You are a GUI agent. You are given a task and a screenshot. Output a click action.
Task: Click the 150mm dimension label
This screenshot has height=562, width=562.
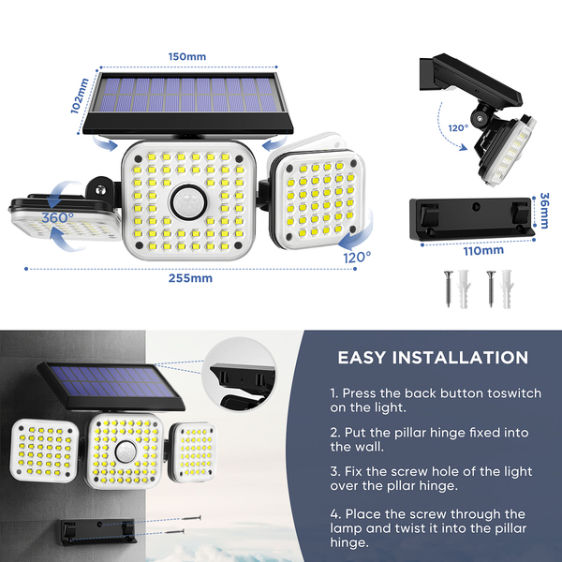click(x=187, y=56)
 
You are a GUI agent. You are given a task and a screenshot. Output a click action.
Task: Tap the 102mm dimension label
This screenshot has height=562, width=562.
click(x=80, y=96)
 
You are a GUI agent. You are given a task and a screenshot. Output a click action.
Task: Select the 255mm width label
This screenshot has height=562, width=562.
click(x=190, y=278)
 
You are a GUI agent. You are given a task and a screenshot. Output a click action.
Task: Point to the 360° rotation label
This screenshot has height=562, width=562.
click(x=58, y=217)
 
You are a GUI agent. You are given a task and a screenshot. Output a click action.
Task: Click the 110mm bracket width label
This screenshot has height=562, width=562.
click(x=483, y=250)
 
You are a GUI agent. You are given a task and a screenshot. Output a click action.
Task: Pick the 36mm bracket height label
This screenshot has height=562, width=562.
click(x=544, y=211)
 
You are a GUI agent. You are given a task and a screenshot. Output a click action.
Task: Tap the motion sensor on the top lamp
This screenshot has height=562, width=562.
click(x=188, y=202)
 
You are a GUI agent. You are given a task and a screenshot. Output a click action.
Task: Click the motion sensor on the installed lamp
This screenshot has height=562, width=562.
click(x=126, y=451)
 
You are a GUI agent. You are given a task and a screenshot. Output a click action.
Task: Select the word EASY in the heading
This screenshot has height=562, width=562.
click(x=362, y=358)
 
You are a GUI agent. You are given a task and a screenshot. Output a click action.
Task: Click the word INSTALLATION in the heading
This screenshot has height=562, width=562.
click(x=460, y=358)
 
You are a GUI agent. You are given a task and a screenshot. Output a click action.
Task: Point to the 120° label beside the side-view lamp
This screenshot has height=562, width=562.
click(x=458, y=128)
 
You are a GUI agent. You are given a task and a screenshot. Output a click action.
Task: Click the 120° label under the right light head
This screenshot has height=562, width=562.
click(x=357, y=257)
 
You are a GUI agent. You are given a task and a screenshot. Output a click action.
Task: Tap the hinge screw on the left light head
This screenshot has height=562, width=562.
click(x=100, y=189)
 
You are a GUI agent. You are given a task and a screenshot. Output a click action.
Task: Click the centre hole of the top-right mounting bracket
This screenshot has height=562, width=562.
click(x=476, y=206)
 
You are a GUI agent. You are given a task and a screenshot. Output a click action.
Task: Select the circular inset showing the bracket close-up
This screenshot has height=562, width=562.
click(x=239, y=375)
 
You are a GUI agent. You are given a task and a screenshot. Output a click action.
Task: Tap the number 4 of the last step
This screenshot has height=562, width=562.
click(x=334, y=514)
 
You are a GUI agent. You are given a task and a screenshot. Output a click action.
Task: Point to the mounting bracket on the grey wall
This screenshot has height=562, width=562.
click(x=98, y=532)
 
